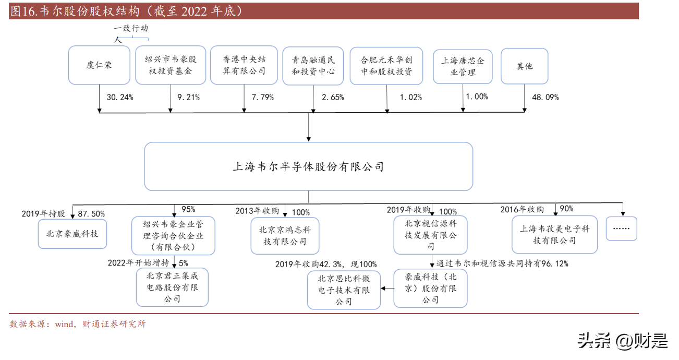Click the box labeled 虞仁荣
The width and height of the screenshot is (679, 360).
[99, 65]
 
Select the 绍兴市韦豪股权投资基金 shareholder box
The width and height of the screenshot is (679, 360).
[171, 65]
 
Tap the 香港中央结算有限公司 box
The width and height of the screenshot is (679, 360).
[244, 65]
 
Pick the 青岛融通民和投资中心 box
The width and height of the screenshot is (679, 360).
[313, 66]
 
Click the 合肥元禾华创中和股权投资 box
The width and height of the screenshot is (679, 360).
[386, 66]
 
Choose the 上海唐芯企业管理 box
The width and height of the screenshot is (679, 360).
[463, 66]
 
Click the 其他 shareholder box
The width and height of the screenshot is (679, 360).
[525, 66]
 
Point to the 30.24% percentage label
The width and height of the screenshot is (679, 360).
[120, 97]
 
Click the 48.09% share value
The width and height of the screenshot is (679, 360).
[545, 97]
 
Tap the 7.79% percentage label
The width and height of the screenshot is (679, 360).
[262, 97]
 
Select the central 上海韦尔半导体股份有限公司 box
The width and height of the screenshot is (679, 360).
[308, 166]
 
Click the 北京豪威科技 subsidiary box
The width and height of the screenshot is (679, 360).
[72, 234]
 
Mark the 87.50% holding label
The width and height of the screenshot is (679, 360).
[91, 214]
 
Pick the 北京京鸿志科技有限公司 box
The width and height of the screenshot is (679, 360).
[285, 236]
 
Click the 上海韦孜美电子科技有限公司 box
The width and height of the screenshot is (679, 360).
[554, 234]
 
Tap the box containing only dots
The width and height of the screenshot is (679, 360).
[622, 229]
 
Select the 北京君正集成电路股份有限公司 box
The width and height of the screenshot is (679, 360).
[172, 287]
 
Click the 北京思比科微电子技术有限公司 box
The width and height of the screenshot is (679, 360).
[344, 290]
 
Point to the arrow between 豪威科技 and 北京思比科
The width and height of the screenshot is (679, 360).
[387, 288]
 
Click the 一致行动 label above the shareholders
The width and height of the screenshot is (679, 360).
[131, 28]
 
